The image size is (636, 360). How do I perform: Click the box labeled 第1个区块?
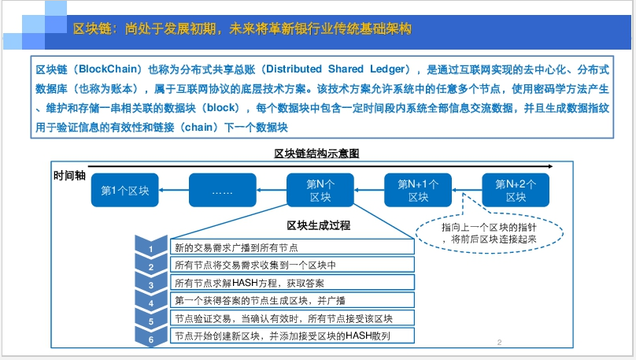pos(125,190)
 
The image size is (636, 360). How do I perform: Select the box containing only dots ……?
pos(223,190)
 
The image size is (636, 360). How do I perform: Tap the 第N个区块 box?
pos(320,190)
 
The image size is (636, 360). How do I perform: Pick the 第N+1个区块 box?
pos(418,190)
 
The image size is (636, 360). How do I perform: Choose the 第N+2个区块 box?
pos(516,190)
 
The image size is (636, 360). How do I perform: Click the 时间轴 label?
pos(69,176)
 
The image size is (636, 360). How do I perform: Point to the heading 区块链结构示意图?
pos(316,154)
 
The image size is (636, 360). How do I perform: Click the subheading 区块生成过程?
pos(319,225)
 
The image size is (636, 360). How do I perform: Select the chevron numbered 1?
pos(151,247)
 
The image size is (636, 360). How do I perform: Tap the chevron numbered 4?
pos(151,301)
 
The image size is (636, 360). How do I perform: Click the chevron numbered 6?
pos(151,338)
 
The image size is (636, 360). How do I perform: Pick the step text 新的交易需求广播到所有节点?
pos(236,247)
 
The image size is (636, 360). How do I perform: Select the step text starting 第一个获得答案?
pos(260,301)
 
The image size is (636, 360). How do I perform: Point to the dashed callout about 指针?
pos(490,251)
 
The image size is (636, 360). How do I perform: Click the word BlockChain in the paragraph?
pos(108,69)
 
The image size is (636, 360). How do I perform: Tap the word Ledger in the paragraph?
pos(387,69)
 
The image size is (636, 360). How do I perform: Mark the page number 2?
pos(499,343)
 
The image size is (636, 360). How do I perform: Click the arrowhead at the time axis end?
pos(550,166)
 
